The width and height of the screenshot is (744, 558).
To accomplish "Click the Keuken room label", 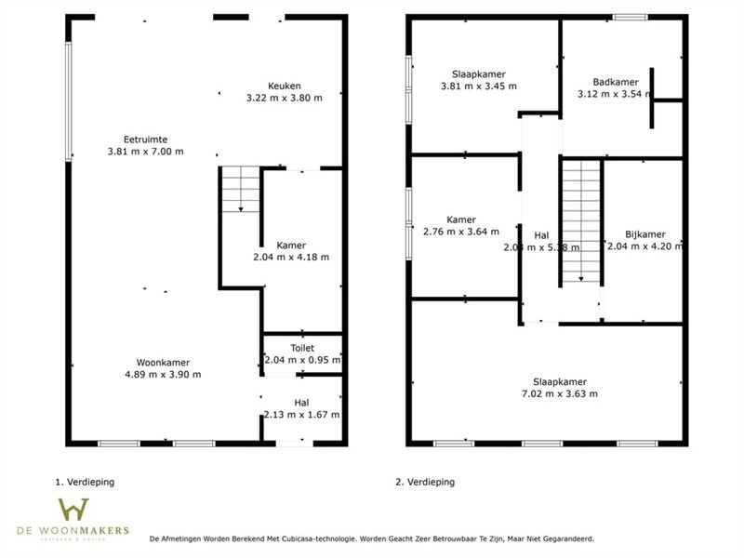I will tap(284, 85).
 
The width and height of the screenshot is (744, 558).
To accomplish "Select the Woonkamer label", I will tap(163, 362).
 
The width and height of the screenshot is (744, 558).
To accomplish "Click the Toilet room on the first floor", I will tap(301, 353).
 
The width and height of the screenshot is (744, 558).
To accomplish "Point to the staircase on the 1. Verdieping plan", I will tap(240, 190).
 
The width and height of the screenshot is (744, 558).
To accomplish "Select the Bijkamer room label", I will tap(644, 234).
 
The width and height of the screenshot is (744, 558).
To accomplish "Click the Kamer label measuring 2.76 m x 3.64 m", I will tap(460, 219).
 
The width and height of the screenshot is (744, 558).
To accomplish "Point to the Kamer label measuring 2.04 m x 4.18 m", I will tap(291, 246).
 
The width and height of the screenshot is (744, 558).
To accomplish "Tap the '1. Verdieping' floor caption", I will tap(91, 483).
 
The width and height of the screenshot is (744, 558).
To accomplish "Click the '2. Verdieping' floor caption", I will tap(425, 483).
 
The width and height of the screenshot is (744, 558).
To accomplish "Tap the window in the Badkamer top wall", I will tap(630, 17).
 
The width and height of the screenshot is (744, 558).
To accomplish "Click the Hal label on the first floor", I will tap(301, 402).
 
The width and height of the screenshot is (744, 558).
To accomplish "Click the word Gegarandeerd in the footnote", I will tap(563, 538).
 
